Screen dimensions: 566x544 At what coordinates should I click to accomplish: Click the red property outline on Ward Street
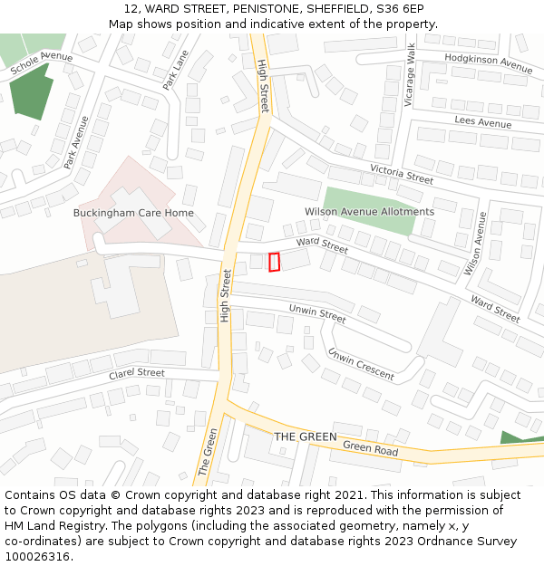click(275, 262)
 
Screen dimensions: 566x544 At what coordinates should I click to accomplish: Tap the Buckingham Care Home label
click(133, 213)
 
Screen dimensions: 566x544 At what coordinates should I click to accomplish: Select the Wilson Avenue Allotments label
click(369, 212)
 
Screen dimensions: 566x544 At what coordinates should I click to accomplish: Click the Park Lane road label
click(176, 70)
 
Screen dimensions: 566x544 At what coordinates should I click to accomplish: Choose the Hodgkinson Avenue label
click(488, 62)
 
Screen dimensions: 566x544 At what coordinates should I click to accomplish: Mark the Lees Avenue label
click(483, 122)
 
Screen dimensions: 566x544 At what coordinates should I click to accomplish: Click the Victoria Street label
click(402, 174)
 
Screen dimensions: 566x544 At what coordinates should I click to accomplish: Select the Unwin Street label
click(317, 314)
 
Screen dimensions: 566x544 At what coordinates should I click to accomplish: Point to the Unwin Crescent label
click(361, 363)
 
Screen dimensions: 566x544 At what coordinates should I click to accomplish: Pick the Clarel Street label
click(137, 373)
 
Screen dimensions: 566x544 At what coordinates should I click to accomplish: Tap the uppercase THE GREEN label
click(306, 436)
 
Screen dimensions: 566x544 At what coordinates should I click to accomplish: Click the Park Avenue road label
click(76, 142)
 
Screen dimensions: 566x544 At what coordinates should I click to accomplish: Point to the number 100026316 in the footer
click(38, 557)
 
